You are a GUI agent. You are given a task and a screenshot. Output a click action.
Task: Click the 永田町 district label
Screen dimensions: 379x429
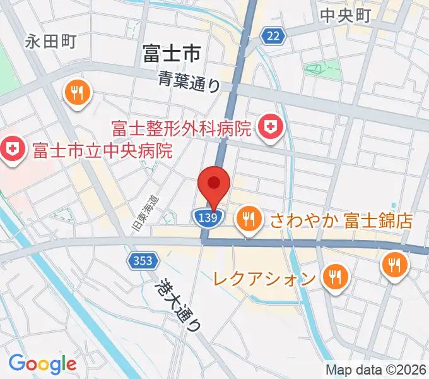[50, 42]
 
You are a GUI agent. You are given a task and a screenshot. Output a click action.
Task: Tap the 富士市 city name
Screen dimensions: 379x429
[172, 53]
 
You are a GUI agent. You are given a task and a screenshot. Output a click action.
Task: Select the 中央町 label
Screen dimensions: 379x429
[345, 16]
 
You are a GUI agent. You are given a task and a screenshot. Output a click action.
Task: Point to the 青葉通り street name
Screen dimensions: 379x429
[189, 81]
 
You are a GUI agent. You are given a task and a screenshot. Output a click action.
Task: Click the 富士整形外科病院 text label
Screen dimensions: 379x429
[181, 129]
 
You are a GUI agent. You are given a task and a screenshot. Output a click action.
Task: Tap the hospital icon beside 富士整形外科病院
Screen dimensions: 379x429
[271, 128]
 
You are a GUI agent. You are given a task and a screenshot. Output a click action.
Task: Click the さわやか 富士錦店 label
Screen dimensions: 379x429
[341, 220]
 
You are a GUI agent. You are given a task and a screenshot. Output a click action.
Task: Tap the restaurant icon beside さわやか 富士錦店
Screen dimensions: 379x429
[250, 219]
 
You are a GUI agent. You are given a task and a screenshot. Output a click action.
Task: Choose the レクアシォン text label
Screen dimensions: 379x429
[264, 277]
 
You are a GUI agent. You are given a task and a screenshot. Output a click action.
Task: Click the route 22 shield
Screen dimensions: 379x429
[273, 37]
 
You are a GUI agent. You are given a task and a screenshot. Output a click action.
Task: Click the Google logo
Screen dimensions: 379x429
[42, 363]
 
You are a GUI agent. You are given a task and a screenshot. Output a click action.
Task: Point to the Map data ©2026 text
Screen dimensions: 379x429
[376, 370]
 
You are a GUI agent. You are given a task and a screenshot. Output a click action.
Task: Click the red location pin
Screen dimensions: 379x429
[214, 185]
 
